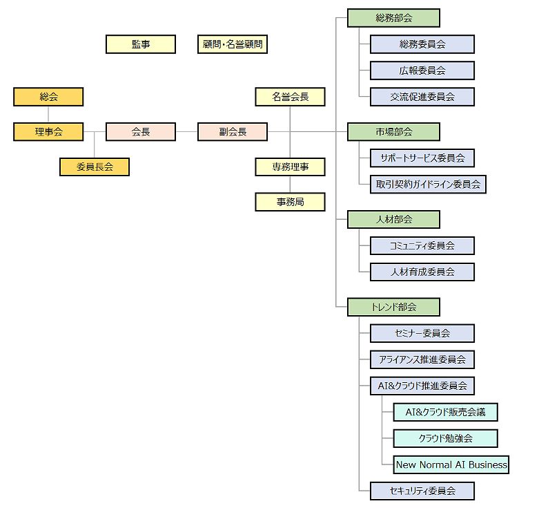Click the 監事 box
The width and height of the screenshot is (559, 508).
pos(140,44)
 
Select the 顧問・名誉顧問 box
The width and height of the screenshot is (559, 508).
pos(232,44)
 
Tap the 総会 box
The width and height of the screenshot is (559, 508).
pos(48,97)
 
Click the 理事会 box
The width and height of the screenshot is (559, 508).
pos(48,131)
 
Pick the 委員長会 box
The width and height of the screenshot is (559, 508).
pos(95,167)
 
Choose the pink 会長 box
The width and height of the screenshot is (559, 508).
pos(140,131)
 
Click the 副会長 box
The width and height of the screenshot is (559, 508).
pos(233,131)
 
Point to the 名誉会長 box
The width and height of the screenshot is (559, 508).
pos(290,97)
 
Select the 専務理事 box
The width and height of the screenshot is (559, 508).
pos(290,167)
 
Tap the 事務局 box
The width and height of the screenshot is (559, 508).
pos(290,202)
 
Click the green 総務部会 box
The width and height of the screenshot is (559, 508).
pos(393,18)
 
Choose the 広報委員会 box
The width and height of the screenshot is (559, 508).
pos(422,70)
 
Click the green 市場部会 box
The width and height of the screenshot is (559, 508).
pos(393,131)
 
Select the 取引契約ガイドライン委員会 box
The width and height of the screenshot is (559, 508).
pos(428,184)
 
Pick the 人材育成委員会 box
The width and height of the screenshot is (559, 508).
pos(422,272)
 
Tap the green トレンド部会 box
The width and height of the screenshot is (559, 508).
pos(393,306)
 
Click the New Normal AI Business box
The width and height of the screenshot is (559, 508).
pos(451,464)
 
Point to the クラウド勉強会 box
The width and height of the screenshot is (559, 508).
pos(445,438)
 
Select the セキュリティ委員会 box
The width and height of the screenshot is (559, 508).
pos(422,491)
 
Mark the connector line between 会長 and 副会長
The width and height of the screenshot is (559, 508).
pos(186,131)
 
